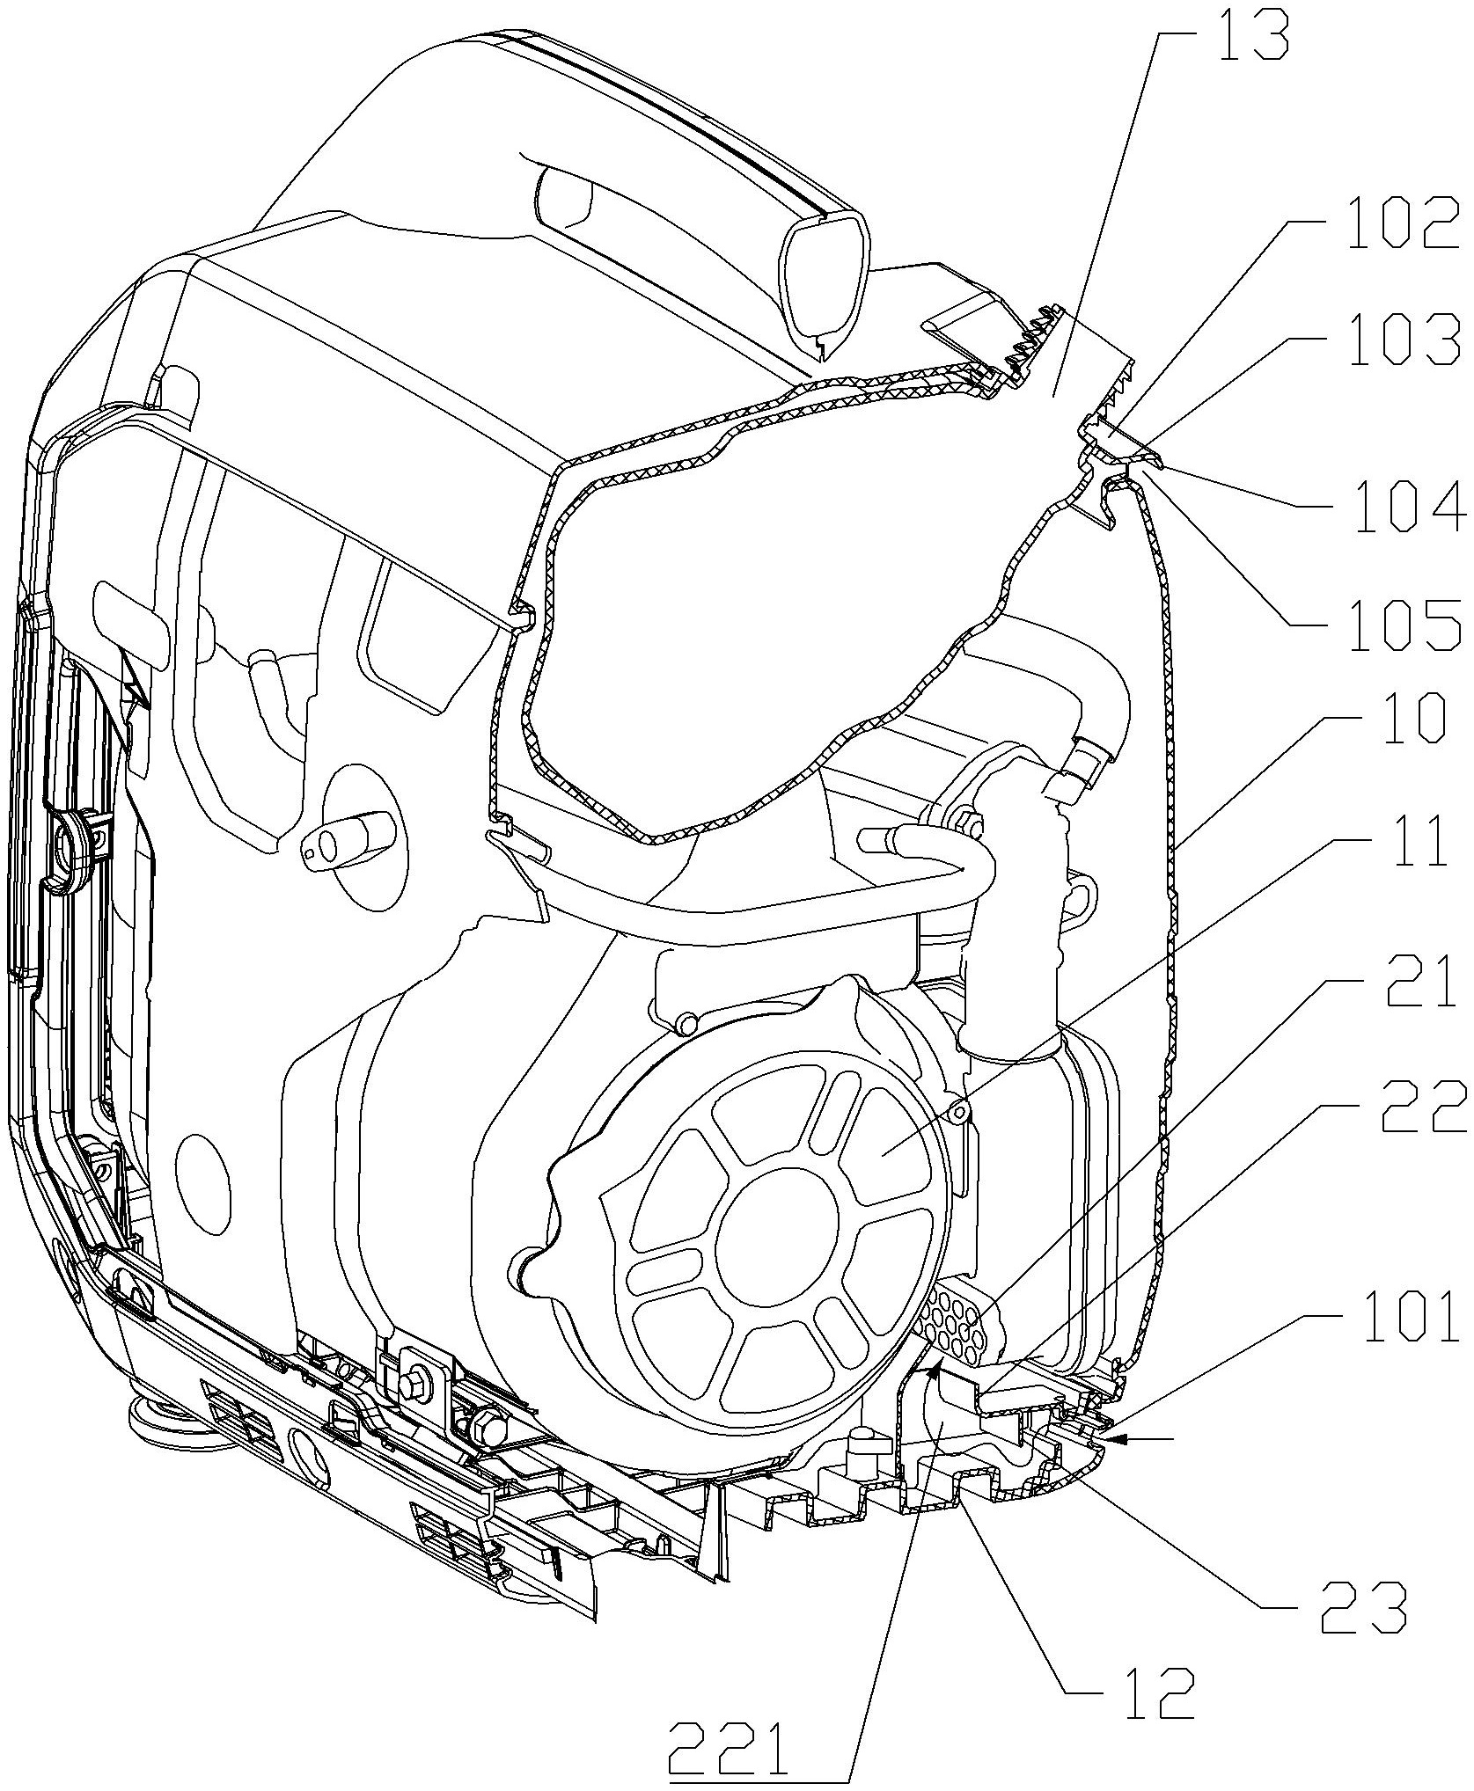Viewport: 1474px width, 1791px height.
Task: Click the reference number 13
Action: (x=1250, y=34)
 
